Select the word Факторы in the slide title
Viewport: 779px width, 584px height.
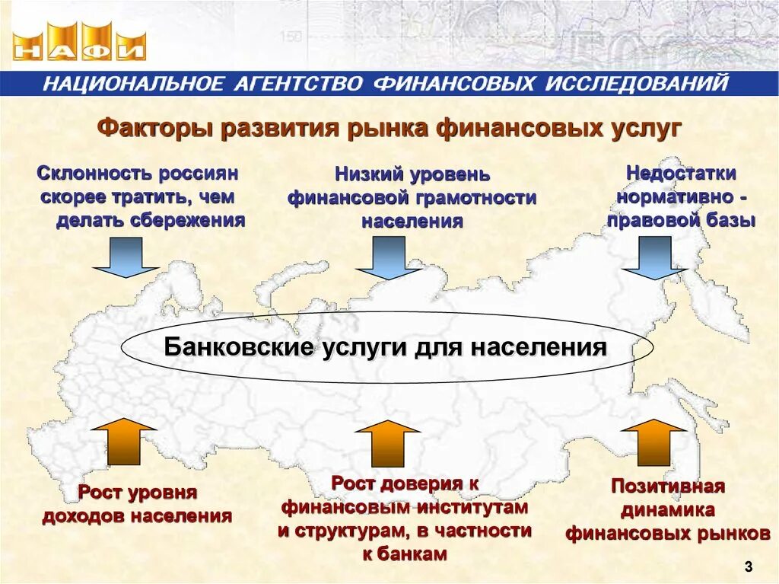[153, 128]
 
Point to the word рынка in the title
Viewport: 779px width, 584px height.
[389, 128]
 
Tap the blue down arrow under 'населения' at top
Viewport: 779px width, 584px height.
[388, 257]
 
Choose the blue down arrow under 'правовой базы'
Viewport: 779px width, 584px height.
[654, 257]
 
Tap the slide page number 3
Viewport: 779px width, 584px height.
[749, 566]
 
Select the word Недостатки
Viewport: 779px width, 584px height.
[681, 173]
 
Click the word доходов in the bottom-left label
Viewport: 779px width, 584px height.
[84, 516]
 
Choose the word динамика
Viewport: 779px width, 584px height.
[668, 509]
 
